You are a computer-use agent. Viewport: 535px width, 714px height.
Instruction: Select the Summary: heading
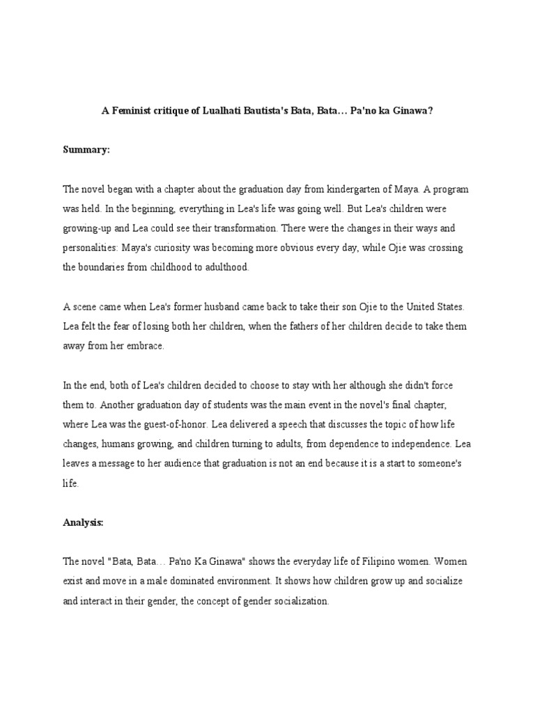click(87, 149)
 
